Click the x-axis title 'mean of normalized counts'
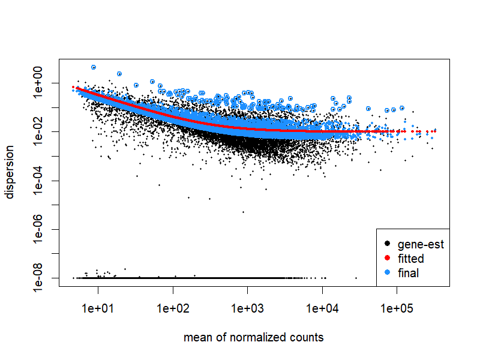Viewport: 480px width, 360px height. pos(253,338)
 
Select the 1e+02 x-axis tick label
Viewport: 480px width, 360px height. pos(173,310)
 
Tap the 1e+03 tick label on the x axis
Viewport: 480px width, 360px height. pos(247,310)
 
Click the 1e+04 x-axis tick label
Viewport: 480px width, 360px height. pos(322,310)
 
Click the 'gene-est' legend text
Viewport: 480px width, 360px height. pos(420,244)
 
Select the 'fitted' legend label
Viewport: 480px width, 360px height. pos(410,259)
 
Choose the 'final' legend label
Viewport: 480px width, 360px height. pos(408,273)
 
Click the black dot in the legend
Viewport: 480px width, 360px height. pos(387,244)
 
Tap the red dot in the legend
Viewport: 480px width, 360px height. pos(387,259)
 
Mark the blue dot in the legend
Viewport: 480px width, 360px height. pos(387,273)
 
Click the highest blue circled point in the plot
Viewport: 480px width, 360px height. pos(94,67)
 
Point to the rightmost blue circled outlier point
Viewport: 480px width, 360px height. pos(403,108)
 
